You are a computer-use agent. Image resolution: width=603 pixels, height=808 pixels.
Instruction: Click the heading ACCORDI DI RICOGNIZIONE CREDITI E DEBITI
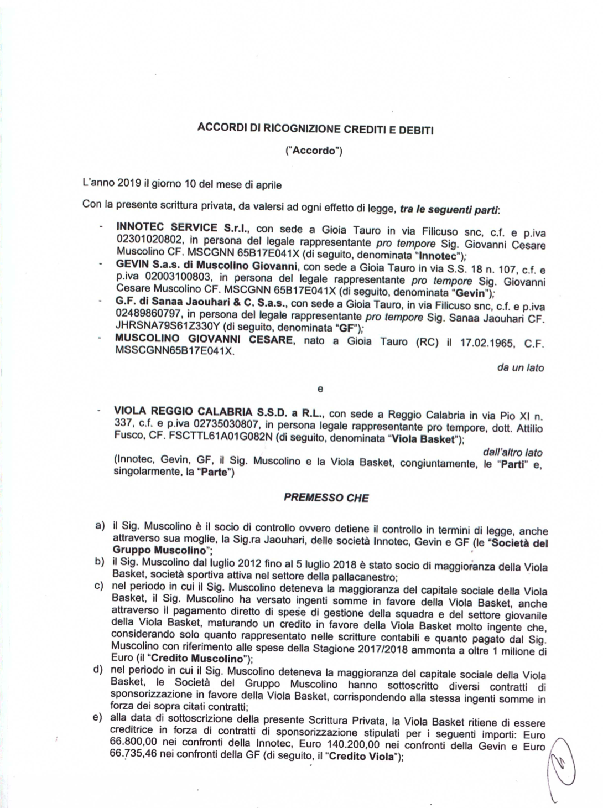point(315,129)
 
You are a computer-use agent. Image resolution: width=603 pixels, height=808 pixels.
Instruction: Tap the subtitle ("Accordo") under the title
point(313,151)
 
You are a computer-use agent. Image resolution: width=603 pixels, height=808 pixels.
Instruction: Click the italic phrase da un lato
point(520,367)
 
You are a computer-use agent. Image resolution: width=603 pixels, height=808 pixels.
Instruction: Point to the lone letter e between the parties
point(319,389)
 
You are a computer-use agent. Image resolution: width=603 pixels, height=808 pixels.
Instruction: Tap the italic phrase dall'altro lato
point(512,452)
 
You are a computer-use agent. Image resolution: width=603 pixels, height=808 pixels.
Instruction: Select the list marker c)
point(100,585)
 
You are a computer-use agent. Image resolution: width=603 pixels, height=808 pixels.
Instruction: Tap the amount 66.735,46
point(133,757)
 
